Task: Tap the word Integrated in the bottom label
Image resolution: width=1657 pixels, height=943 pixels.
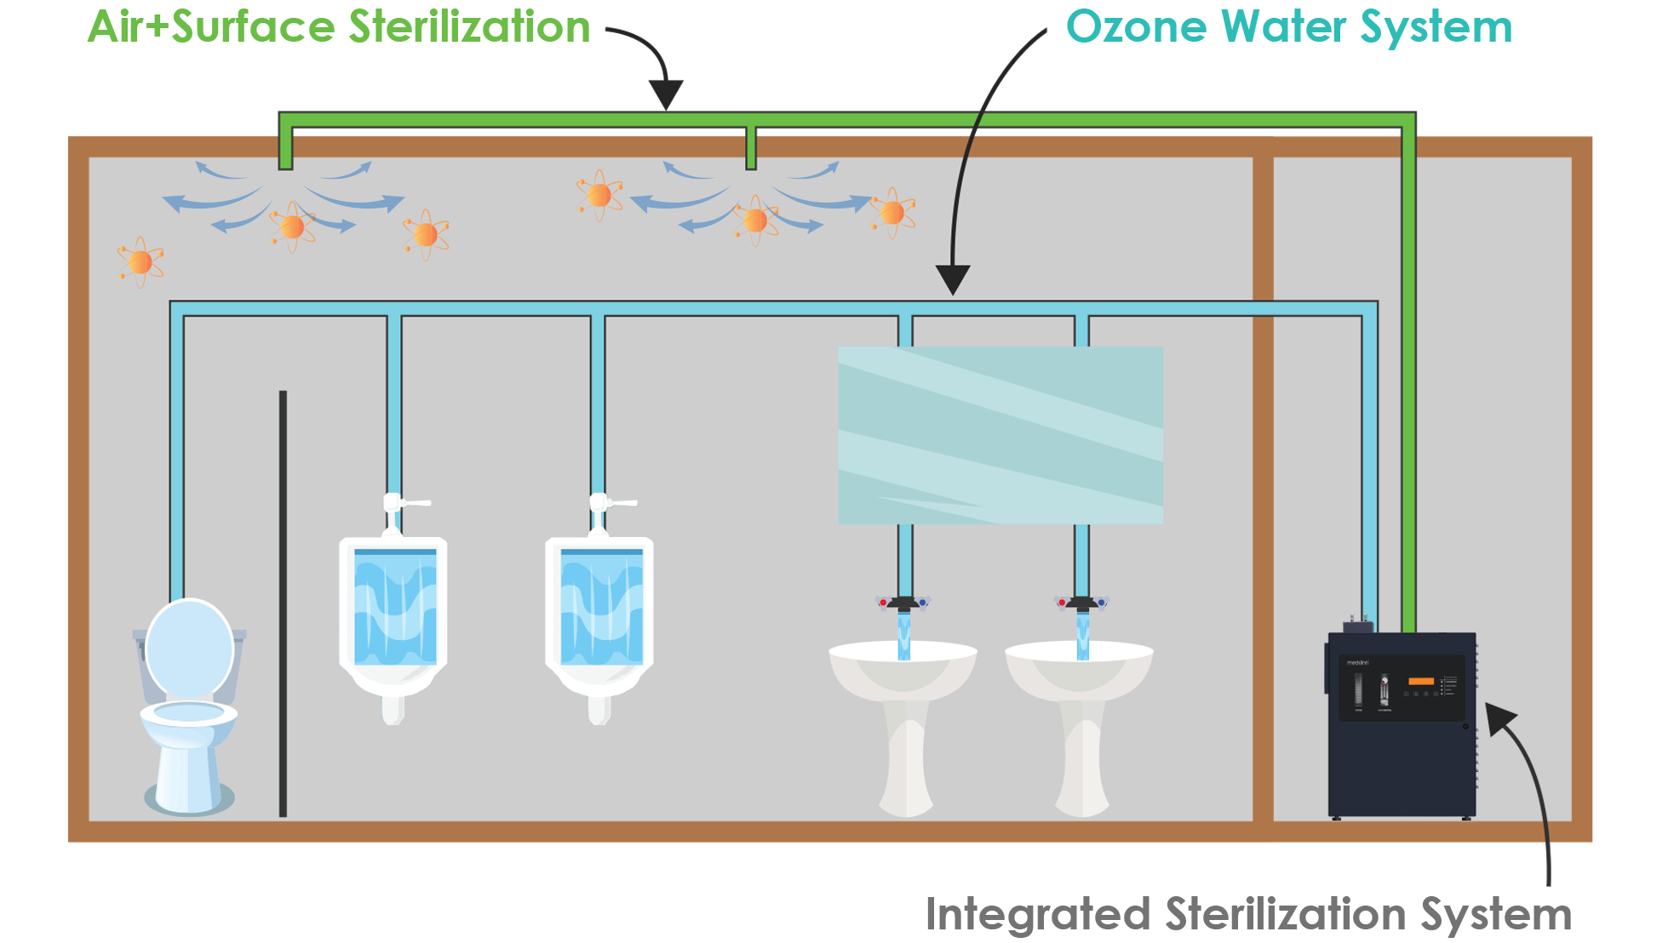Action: point(1037,916)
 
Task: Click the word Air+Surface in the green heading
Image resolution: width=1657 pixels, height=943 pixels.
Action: point(213,27)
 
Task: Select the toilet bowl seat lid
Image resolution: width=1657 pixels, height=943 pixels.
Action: point(189,649)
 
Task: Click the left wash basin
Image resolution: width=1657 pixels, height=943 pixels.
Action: point(903,672)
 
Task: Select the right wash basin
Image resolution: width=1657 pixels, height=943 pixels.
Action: point(1080,672)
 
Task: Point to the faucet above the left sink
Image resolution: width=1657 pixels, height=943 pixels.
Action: point(903,603)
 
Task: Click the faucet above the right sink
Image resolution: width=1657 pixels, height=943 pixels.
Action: point(1081,603)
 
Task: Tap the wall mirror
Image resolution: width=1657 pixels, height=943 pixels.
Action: point(1001,435)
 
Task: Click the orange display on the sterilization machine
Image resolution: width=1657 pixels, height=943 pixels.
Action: point(1421,681)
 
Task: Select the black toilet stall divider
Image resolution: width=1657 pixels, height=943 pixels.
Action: point(283,604)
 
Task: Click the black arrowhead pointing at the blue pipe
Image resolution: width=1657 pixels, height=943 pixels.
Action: point(953,279)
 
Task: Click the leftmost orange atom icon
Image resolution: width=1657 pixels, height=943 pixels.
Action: point(140,261)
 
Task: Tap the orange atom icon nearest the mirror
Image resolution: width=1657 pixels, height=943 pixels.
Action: point(892,212)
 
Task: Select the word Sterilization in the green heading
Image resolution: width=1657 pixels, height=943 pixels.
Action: point(468,27)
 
